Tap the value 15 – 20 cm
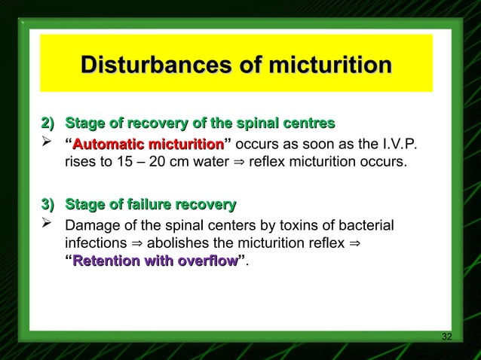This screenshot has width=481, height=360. (146, 162)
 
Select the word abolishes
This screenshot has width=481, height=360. (180, 243)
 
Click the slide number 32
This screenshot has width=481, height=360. (446, 336)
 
